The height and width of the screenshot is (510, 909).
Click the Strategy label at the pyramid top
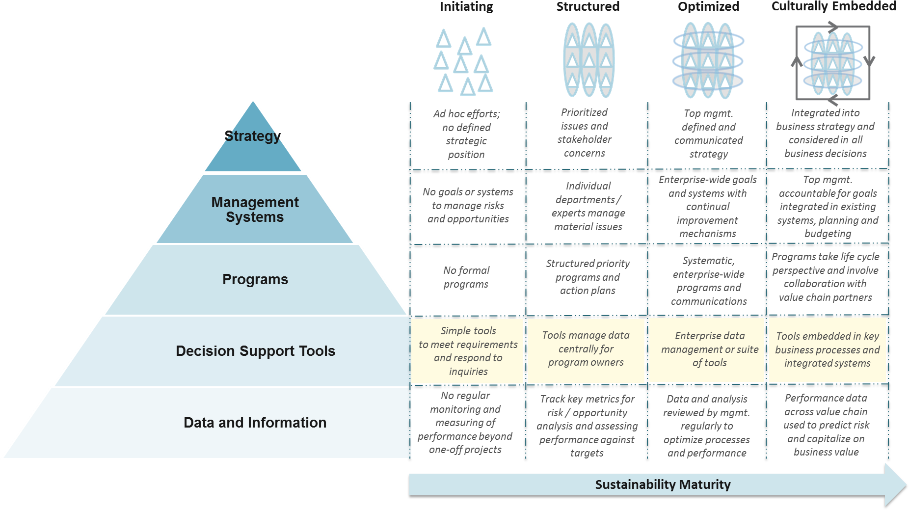(252, 136)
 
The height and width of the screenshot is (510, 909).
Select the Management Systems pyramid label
(255, 210)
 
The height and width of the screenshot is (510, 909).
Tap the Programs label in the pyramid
(255, 279)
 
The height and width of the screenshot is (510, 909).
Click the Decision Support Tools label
(255, 351)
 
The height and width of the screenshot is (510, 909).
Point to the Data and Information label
(255, 423)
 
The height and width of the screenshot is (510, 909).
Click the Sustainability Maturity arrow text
(663, 484)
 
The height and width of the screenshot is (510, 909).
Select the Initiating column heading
(466, 7)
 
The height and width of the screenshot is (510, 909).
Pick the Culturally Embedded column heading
(833, 6)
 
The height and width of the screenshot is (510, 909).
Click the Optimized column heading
(708, 7)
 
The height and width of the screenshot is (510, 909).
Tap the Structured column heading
(588, 7)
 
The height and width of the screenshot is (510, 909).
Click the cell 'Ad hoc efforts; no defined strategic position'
(466, 134)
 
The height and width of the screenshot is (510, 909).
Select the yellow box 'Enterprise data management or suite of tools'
(709, 349)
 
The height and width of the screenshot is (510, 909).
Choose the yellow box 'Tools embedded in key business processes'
(828, 349)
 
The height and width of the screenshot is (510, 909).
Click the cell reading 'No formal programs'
(466, 277)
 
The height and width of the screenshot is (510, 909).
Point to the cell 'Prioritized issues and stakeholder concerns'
(584, 133)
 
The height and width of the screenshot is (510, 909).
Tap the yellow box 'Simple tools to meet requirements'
(468, 351)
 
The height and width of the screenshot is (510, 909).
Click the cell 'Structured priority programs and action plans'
(588, 277)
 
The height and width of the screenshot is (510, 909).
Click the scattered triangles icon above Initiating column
(463, 61)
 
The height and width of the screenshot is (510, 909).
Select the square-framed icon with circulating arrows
(833, 63)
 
